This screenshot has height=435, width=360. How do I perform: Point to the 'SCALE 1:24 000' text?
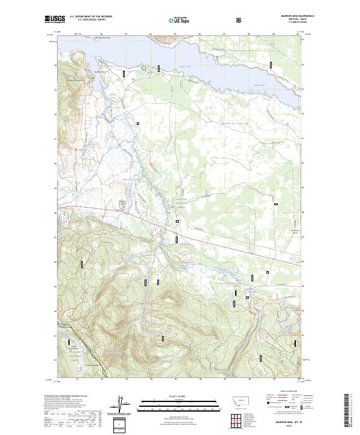click(172, 396)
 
